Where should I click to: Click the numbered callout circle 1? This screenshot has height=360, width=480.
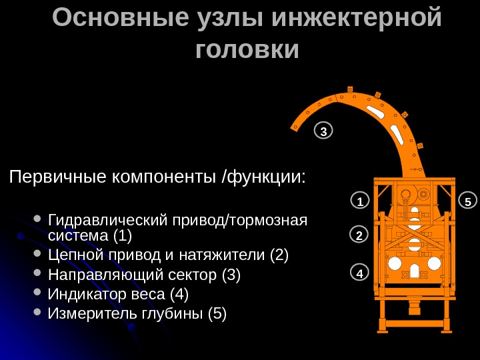tap(359, 201)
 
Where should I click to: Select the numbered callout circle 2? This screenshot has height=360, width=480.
tap(359, 235)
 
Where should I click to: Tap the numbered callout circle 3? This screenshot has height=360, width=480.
tap(323, 131)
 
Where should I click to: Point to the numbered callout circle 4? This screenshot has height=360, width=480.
tap(359, 273)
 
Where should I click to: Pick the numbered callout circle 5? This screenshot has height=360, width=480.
tap(468, 201)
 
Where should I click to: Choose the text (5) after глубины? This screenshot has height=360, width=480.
tap(217, 313)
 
